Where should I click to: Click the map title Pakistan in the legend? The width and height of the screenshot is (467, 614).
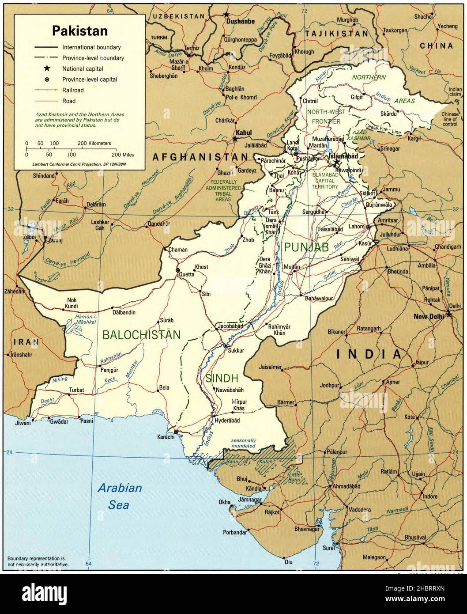pos(79,31)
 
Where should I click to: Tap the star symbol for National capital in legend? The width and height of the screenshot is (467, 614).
pos(45,68)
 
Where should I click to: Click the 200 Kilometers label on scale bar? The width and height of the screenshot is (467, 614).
pos(94,144)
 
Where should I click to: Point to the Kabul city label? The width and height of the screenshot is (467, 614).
pos(243,132)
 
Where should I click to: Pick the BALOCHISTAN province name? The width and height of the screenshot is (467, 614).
pos(141,335)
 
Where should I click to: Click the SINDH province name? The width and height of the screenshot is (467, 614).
pos(222,378)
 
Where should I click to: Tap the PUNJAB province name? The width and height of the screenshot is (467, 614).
pos(306,247)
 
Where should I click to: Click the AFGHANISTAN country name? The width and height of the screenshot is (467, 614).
pos(200,157)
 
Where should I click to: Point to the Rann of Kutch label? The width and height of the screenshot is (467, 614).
pos(249,462)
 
